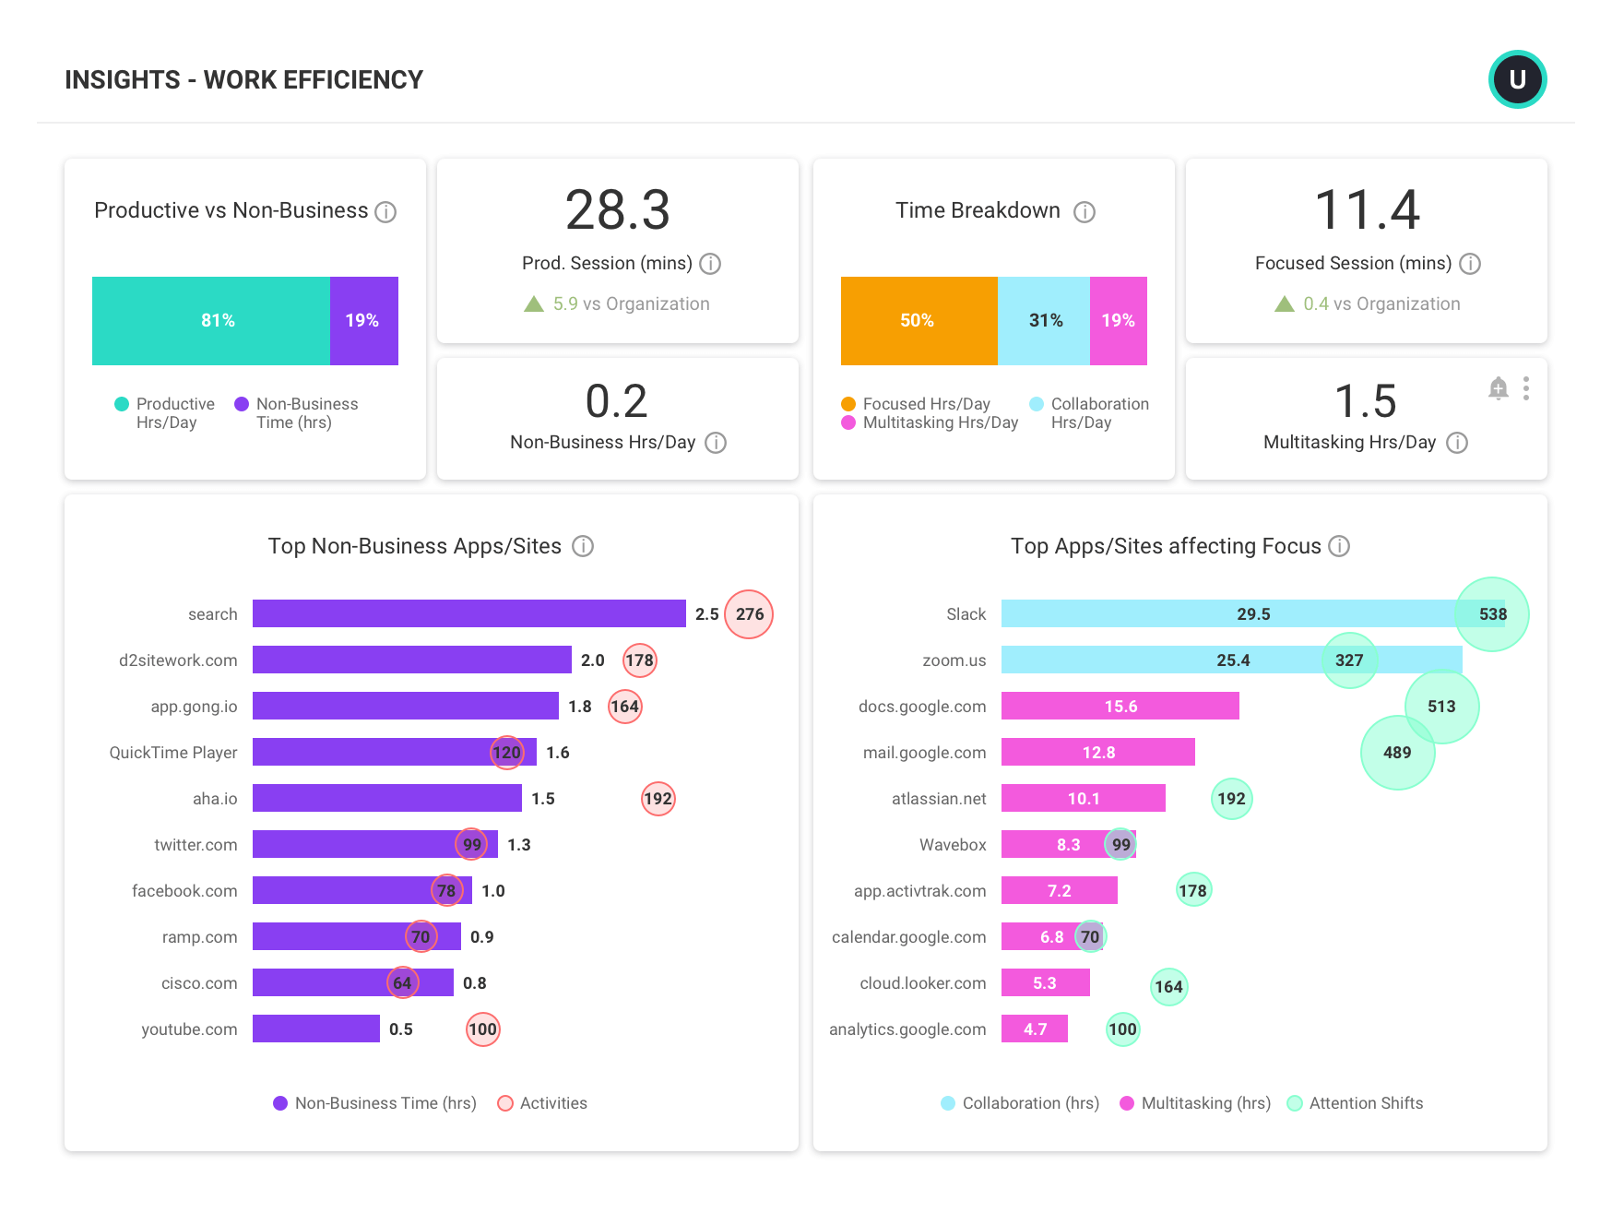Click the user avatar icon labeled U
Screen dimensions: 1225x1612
click(1517, 79)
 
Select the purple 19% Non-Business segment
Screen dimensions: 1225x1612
click(363, 321)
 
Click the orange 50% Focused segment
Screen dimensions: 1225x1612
click(918, 321)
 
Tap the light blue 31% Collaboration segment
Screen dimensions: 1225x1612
click(1044, 321)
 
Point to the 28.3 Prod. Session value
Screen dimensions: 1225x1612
click(617, 210)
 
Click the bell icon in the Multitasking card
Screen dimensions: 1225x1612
click(1498, 388)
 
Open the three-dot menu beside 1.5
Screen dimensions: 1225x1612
click(1526, 388)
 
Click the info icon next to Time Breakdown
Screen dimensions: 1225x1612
click(1085, 212)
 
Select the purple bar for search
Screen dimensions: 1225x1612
click(468, 613)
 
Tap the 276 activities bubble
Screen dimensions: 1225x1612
click(749, 614)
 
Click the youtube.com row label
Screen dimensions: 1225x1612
click(189, 1029)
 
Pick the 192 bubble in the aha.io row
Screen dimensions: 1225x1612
click(658, 799)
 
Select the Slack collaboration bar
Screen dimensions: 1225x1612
click(1227, 613)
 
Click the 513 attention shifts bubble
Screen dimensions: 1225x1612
click(1441, 707)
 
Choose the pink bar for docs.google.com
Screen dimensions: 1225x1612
click(1120, 707)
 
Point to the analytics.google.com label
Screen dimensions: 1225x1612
click(907, 1029)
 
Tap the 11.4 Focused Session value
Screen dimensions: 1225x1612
click(1366, 210)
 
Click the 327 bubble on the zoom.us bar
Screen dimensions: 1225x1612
click(1349, 660)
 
